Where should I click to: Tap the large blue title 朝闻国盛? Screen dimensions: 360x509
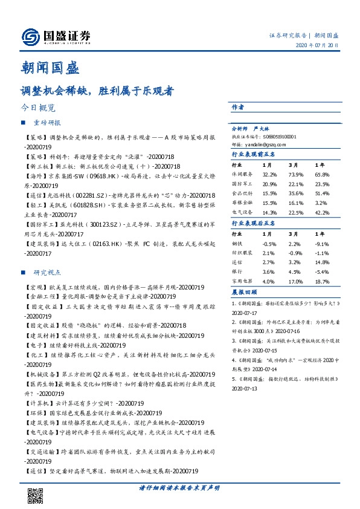50,67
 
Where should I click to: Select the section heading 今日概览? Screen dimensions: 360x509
37,108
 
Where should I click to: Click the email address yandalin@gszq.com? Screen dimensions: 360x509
266,144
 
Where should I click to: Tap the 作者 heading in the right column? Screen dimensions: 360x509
238,107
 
